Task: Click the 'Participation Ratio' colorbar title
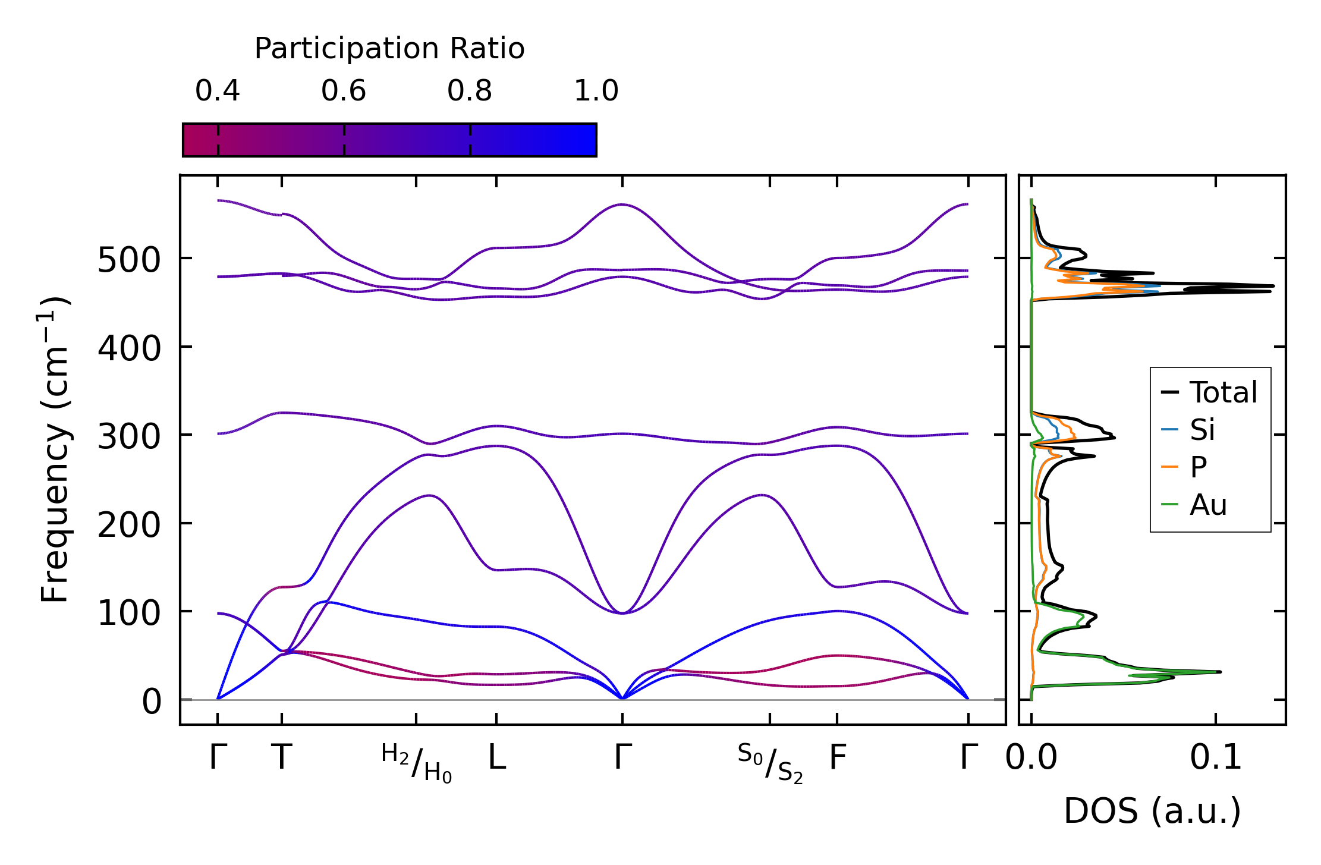[389, 49]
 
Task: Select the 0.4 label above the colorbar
[218, 91]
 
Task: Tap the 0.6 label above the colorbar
[344, 91]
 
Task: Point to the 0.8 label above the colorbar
[470, 91]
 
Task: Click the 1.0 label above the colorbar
[596, 91]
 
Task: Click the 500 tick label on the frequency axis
[129, 260]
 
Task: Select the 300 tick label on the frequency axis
[129, 437]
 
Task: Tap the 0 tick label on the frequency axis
[152, 702]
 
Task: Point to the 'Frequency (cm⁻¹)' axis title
[55, 449]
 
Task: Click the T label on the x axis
[282, 758]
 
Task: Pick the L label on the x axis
[497, 758]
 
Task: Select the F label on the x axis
[838, 758]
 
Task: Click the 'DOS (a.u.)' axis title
[1152, 811]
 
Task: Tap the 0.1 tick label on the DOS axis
[1216, 759]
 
